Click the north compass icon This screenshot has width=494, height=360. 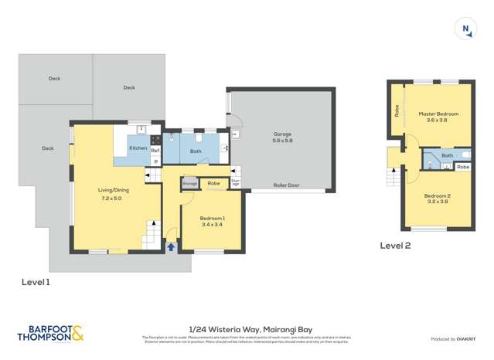466,29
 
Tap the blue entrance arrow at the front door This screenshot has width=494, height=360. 171,247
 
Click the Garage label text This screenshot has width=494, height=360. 282,134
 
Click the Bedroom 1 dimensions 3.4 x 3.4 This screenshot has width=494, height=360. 212,224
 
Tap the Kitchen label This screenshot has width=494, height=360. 138,148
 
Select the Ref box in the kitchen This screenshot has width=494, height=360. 155,151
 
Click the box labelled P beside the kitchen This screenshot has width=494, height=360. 155,161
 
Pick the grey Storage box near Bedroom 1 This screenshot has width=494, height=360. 190,184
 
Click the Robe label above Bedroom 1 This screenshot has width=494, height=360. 213,184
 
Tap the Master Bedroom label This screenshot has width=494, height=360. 438,114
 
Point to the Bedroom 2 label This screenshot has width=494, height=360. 438,195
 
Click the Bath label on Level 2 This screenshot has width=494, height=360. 447,155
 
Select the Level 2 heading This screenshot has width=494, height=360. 395,246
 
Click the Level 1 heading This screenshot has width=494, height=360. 36,283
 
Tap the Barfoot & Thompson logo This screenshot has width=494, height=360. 50,334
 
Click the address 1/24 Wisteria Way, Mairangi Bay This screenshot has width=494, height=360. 247,328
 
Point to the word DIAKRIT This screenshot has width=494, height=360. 465,339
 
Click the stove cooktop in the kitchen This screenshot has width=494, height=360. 155,140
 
